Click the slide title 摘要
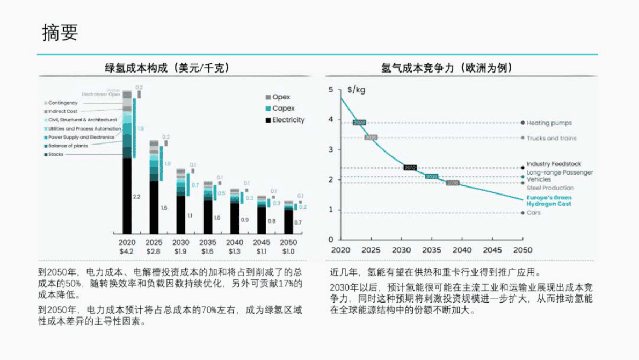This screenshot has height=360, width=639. [x=60, y=33]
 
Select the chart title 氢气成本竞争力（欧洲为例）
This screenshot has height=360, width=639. [x=446, y=68]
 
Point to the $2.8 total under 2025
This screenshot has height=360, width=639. [x=154, y=251]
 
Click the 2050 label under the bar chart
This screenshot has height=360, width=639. [x=289, y=243]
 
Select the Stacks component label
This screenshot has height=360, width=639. [x=56, y=154]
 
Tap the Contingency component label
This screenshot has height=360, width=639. [x=63, y=103]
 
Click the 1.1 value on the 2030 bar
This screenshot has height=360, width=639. [x=190, y=215]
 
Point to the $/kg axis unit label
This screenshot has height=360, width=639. [x=357, y=90]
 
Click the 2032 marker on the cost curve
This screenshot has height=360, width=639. [x=410, y=168]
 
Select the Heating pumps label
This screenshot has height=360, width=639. [x=549, y=123]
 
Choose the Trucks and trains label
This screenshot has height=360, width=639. [x=551, y=138]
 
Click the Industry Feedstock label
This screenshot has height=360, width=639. [x=554, y=164]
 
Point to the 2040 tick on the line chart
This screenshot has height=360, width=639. [x=462, y=250]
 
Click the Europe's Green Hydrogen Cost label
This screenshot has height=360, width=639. [x=548, y=201]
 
